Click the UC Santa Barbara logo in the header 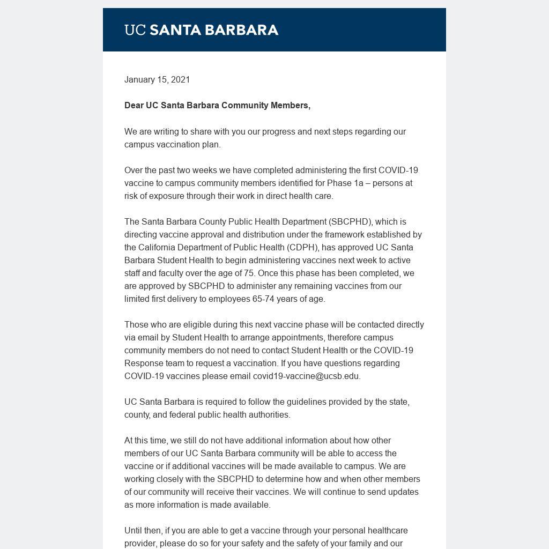tap(201, 30)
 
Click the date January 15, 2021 tap(157, 80)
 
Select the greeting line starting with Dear tap(217, 106)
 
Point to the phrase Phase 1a tap(345, 183)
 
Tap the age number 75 tap(249, 273)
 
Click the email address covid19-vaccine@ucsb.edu tap(306, 376)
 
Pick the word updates tap(402, 492)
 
